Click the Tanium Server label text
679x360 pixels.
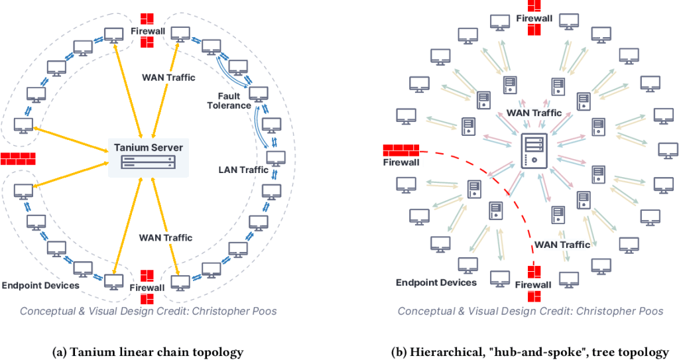148,147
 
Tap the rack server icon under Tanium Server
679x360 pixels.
148,162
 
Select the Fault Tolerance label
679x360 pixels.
229,101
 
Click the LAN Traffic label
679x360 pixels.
243,170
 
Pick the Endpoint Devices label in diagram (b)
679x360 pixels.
436,282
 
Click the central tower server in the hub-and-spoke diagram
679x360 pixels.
534,150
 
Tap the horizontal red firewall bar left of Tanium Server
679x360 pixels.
18,158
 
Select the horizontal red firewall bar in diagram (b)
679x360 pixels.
401,150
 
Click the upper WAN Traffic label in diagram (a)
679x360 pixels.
168,78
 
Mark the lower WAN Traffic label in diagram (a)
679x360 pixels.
166,237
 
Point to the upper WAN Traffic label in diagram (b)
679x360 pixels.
534,113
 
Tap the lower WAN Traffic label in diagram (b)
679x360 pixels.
562,245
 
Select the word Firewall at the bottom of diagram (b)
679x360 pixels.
534,285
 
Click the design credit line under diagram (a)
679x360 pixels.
147,311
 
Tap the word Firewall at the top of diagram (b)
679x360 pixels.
534,19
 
